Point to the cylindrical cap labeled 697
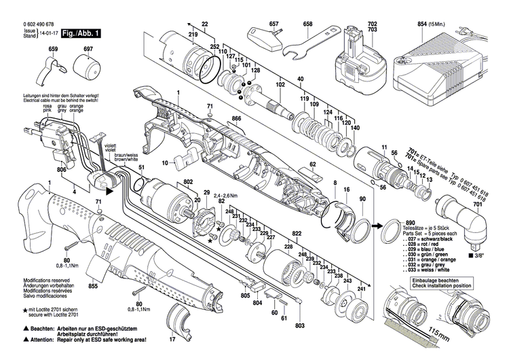(87, 67)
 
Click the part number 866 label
(236, 118)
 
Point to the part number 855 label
(93, 287)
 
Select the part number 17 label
(172, 338)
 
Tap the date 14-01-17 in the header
(48, 32)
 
